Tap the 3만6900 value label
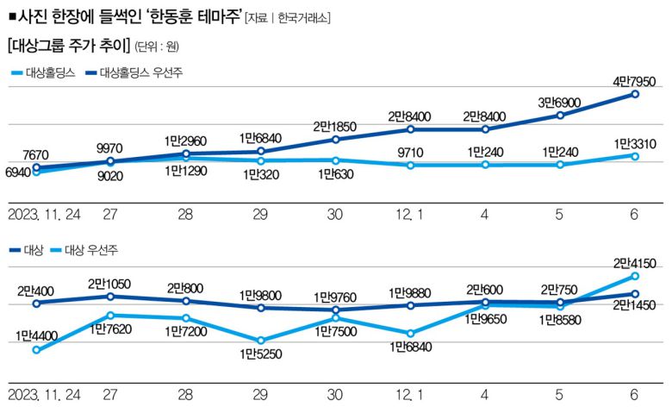pyautogui.click(x=560, y=103)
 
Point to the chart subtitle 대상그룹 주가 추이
pyautogui.click(x=67, y=44)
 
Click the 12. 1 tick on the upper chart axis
pyautogui.click(x=410, y=213)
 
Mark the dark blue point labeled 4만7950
pyautogui.click(x=635, y=94)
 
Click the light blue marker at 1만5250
pyautogui.click(x=261, y=341)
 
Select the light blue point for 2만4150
pyautogui.click(x=635, y=276)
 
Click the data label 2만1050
pyautogui.click(x=112, y=284)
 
